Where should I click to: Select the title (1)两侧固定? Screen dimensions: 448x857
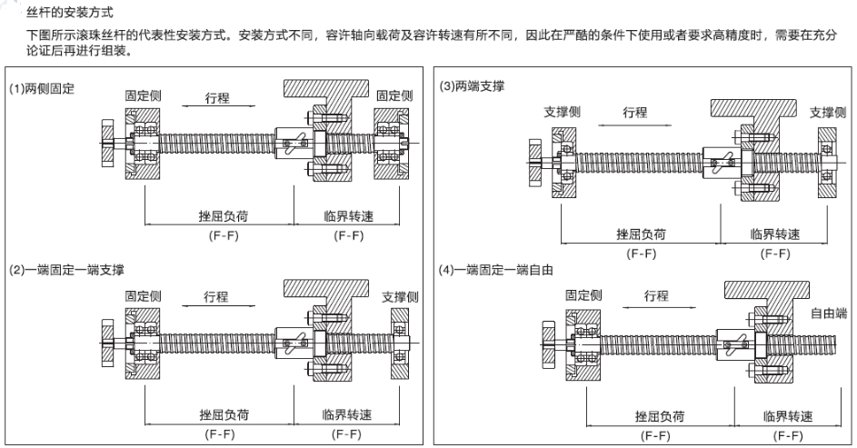pyautogui.click(x=41, y=89)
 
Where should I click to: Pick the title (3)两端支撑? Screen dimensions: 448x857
pyautogui.click(x=473, y=86)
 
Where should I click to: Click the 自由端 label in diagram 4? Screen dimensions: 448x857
pyautogui.click(x=828, y=313)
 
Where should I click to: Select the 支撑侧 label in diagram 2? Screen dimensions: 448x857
pyautogui.click(x=400, y=296)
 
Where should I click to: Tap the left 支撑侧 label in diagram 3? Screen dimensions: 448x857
pyautogui.click(x=562, y=112)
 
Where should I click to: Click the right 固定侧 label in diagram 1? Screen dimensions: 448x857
pyautogui.click(x=394, y=95)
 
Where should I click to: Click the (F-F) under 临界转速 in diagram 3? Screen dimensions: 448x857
pyautogui.click(x=775, y=254)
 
